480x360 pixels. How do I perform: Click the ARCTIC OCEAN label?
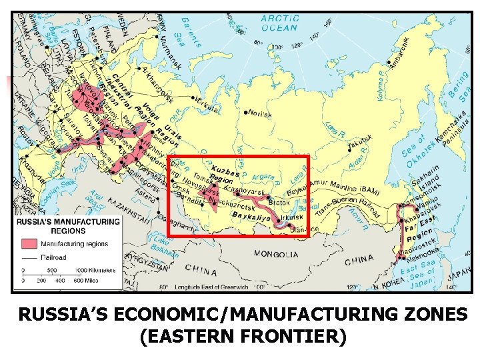[x=279, y=23]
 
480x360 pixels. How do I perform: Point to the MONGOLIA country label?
[x=276, y=254]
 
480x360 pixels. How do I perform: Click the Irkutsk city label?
[x=292, y=217]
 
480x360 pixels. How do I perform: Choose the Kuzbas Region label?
[x=222, y=175]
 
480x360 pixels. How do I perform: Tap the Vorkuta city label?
[x=207, y=105]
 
